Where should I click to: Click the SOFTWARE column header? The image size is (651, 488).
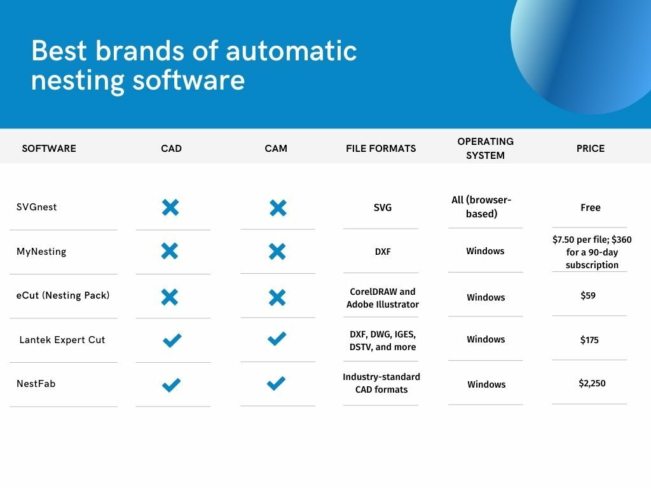click(x=49, y=149)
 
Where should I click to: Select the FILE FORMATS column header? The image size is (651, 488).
click(x=381, y=149)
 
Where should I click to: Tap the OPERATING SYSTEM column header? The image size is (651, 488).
click(x=485, y=148)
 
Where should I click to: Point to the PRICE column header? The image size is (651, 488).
click(x=590, y=149)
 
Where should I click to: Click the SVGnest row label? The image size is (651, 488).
click(x=37, y=207)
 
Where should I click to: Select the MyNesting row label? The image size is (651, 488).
click(x=41, y=252)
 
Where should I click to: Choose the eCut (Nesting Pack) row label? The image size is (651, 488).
click(x=63, y=295)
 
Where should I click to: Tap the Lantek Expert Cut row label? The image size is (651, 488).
click(x=62, y=340)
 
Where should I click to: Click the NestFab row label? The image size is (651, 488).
click(x=36, y=384)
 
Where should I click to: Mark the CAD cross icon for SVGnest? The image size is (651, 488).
click(x=170, y=207)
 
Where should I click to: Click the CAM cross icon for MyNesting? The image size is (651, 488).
click(x=277, y=252)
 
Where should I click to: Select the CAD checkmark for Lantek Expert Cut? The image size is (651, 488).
click(x=172, y=340)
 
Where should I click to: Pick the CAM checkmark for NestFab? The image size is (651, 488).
click(x=276, y=383)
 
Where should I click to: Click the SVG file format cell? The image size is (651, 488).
click(x=383, y=208)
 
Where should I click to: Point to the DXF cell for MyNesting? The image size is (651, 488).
click(x=383, y=252)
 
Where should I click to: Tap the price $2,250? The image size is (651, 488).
click(x=592, y=383)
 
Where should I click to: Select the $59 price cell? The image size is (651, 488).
click(x=588, y=295)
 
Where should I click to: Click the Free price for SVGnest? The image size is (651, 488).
click(x=590, y=208)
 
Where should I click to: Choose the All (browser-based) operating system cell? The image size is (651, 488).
click(x=481, y=207)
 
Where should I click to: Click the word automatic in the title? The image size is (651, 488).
click(x=291, y=51)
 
